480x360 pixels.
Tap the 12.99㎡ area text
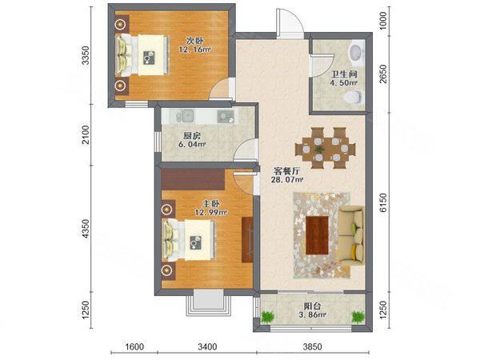pos(211,212)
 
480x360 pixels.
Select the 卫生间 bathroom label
pos(344,74)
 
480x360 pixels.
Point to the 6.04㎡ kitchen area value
pos(192,144)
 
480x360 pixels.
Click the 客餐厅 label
pos(286,171)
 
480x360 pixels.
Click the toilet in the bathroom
pos(353,98)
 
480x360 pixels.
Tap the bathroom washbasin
pos(356,53)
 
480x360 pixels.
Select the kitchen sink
pos(185,116)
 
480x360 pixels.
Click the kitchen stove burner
pos(226,117)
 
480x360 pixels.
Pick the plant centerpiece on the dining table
pos(320,149)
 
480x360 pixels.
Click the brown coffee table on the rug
pos(317,235)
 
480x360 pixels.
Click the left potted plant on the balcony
pos(268,317)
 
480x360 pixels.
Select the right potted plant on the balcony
pos(358,317)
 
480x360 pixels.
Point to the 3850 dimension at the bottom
pos(313,346)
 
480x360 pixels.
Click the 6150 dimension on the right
pos(383,202)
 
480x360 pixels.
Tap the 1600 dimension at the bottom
pos(134,346)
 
